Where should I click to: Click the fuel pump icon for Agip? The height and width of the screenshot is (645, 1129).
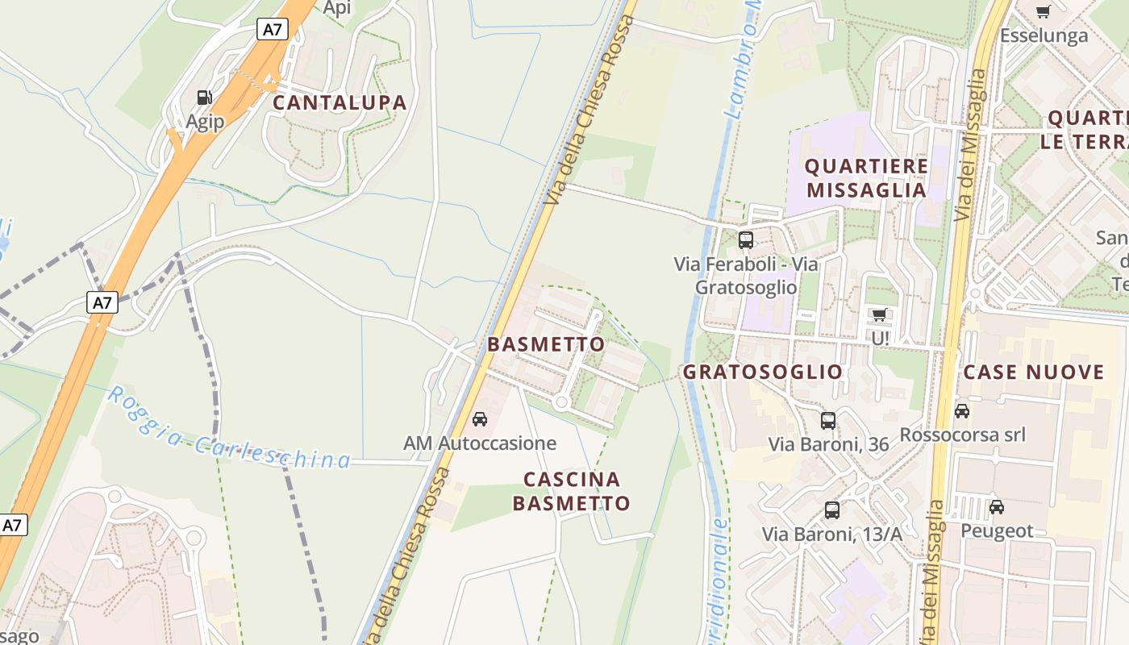click(205, 98)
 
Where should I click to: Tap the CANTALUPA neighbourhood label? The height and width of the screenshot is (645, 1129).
click(340, 103)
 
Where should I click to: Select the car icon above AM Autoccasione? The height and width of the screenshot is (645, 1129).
click(480, 419)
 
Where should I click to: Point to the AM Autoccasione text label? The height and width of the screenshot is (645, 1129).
click(480, 443)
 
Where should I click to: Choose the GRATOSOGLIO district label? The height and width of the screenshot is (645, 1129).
click(762, 372)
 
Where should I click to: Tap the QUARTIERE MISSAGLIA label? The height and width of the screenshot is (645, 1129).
click(867, 178)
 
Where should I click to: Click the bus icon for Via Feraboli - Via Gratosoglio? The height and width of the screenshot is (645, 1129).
click(746, 240)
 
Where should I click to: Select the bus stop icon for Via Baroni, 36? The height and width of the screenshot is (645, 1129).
click(828, 420)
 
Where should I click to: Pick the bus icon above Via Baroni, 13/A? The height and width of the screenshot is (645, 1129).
click(832, 510)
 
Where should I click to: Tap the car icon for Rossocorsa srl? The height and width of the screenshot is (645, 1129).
click(962, 411)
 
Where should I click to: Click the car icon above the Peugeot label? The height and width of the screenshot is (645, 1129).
click(997, 506)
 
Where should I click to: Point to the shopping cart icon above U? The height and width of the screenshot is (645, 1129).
click(879, 314)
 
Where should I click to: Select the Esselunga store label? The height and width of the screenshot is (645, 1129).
click(1044, 35)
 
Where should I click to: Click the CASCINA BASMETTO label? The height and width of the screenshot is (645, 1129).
click(572, 491)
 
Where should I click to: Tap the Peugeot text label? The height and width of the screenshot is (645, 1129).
click(997, 531)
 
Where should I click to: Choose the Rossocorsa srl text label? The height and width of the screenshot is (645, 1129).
click(962, 435)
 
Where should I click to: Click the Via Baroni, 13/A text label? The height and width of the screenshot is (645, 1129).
click(832, 534)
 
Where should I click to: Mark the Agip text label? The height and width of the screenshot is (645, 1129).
click(205, 122)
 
